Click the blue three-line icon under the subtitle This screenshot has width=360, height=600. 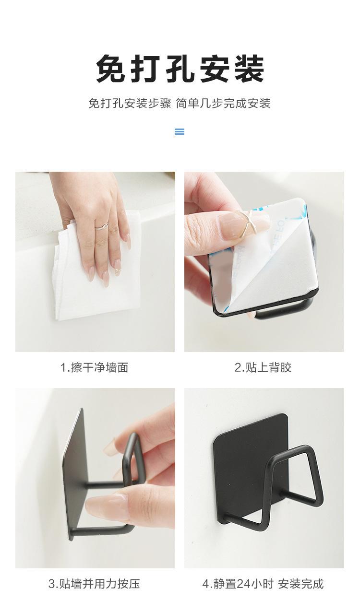pyautogui.click(x=180, y=131)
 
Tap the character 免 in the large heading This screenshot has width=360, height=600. pyautogui.click(x=111, y=68)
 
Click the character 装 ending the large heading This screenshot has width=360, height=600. pyautogui.click(x=250, y=68)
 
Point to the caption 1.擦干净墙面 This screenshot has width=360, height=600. pyautogui.click(x=94, y=367)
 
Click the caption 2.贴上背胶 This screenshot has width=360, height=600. pyautogui.click(x=263, y=367)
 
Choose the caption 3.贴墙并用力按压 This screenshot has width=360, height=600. pyautogui.click(x=94, y=584)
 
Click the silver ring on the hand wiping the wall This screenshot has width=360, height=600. pyautogui.click(x=102, y=227)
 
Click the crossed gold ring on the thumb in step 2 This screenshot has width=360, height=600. pyautogui.click(x=248, y=224)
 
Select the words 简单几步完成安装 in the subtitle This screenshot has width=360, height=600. pyautogui.click(x=223, y=104)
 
